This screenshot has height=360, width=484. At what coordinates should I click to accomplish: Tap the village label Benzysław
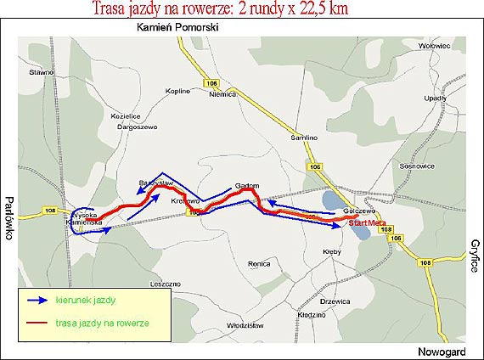click(156, 182)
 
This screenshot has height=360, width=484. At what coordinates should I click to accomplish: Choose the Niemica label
click(221, 95)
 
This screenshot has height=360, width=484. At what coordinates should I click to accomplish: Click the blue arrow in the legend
click(37, 300)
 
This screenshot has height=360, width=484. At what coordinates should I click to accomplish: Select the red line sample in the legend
click(37, 323)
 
